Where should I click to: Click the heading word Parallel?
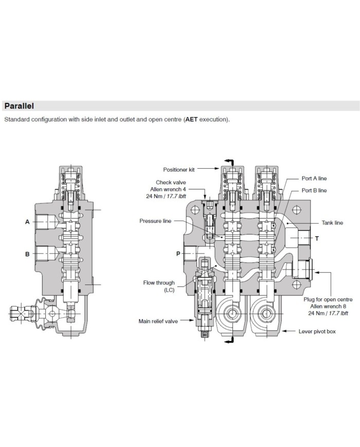pos(19,106)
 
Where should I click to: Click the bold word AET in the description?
pos(192,119)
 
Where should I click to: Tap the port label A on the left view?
pos(27,222)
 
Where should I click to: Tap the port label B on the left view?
pos(27,254)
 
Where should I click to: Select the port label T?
pos(317,239)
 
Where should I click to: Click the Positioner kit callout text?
pos(179,168)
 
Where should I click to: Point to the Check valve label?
pos(172,182)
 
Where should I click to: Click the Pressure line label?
pos(156,221)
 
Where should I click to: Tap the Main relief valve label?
pos(158,321)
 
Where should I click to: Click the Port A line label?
pos(314,178)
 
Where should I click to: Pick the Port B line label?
pos(314,190)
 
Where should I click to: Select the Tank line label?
pos(332,223)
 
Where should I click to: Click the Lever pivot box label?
pos(317,331)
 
